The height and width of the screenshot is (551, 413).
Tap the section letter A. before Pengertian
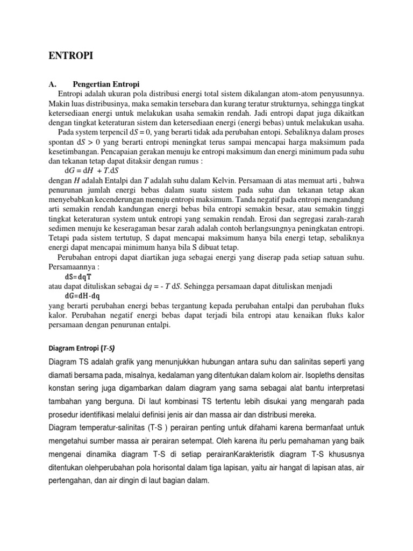(53, 84)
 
